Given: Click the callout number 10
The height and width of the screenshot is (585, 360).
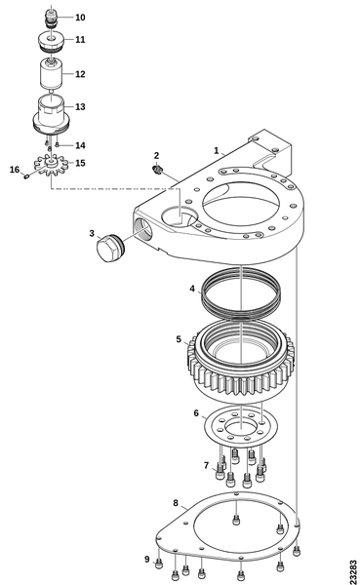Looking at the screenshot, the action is point(80,18).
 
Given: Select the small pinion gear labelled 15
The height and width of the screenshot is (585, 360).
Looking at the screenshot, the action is point(51,166).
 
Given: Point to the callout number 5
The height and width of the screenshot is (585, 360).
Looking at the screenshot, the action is point(179,339).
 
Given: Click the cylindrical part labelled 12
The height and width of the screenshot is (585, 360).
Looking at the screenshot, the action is point(51,75).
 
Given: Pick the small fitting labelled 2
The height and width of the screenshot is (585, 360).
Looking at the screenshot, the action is point(157,170).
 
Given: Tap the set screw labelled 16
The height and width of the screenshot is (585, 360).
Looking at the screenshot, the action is point(26,176).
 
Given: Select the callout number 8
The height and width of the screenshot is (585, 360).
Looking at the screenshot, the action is point(176,503).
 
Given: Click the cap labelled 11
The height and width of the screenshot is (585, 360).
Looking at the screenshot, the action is point(52,42).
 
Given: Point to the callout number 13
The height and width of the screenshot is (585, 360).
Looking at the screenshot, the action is point(80,107).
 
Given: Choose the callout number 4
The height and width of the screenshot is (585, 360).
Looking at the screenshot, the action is point(192,289).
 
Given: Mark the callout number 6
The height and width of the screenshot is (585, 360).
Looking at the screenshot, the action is point(196,413).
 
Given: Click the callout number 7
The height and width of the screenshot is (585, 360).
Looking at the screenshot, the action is point(207,465).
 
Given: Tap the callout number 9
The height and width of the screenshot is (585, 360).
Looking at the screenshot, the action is point(147,560).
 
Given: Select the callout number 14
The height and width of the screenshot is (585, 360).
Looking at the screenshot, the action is point(80,145).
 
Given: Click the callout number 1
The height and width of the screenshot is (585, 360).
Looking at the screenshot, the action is point(217,151).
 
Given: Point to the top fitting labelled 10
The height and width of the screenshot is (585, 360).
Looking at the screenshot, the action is point(51,18).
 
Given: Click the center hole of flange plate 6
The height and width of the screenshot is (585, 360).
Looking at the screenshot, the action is point(242,426).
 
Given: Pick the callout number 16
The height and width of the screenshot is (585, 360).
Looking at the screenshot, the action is point(15,170).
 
